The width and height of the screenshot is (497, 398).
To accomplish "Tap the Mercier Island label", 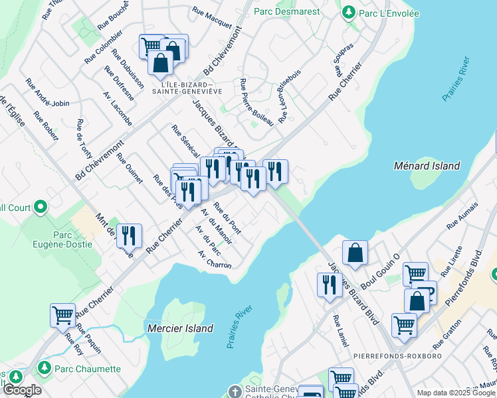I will [x=179, y=328].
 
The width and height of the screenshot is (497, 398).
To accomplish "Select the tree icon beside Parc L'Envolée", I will [x=348, y=11].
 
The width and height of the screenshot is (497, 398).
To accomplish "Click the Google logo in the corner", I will [x=21, y=390].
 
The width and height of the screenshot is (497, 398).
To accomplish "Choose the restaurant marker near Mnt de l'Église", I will [x=129, y=235].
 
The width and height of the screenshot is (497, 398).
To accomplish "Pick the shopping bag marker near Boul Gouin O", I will [x=355, y=252].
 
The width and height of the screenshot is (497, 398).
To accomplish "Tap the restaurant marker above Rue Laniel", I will [x=329, y=284].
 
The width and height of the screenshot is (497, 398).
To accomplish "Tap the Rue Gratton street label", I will [x=447, y=339].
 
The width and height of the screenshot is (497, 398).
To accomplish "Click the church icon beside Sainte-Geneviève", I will [x=233, y=391].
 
